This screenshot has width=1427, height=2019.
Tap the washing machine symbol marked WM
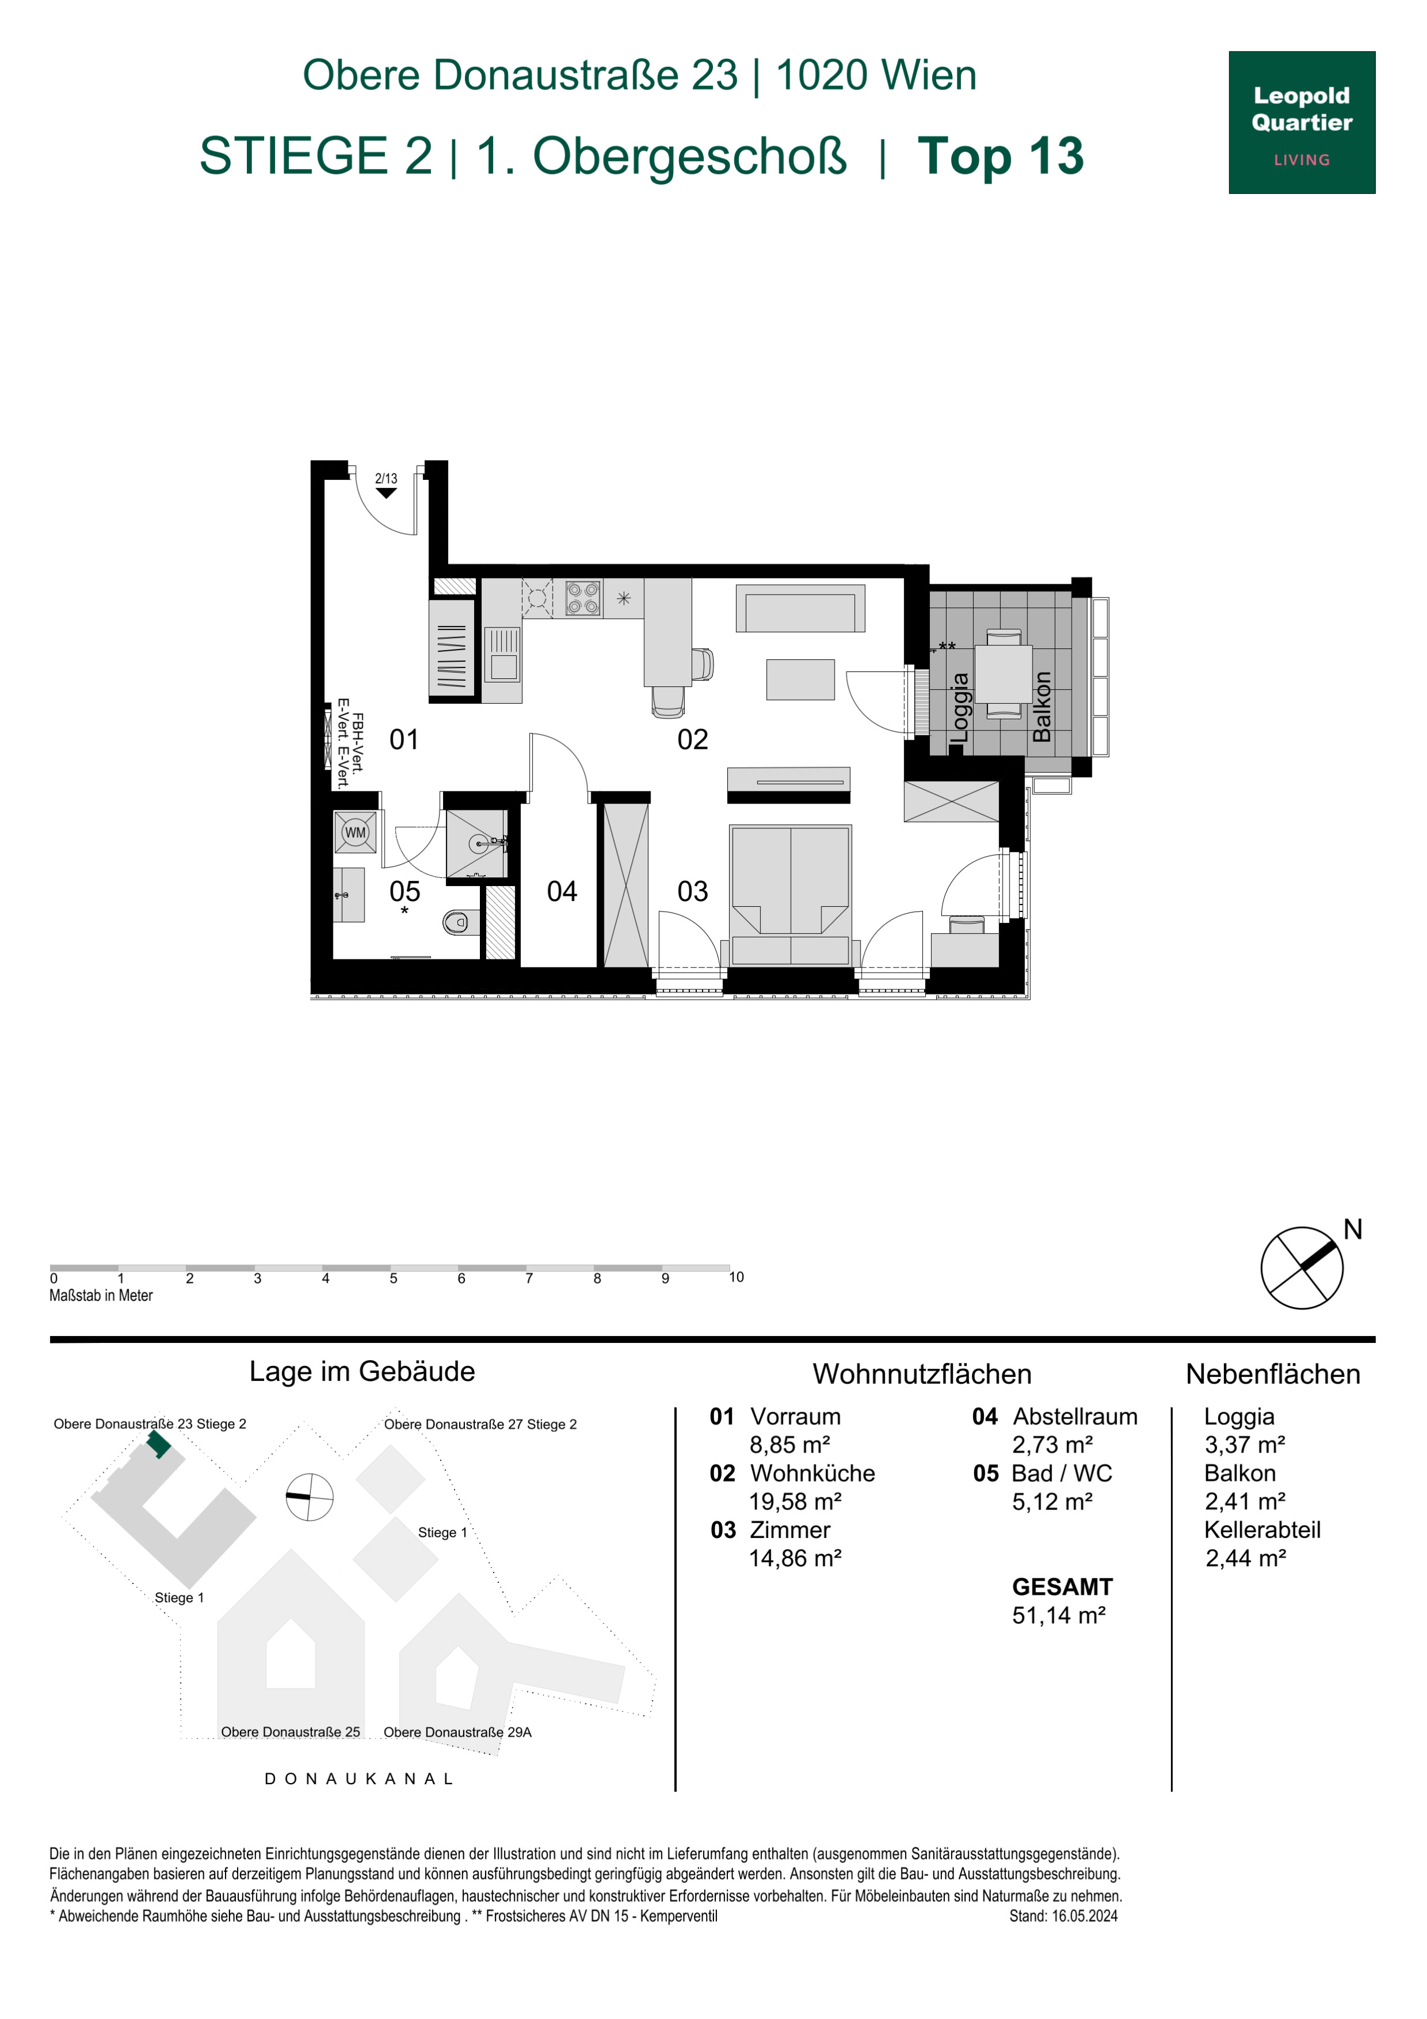coord(355,832)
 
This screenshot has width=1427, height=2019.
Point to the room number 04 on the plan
coord(562,892)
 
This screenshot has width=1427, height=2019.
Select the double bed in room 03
coord(790,894)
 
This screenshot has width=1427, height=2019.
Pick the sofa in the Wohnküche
coord(800,607)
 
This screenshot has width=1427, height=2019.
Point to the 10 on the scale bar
coord(736,1277)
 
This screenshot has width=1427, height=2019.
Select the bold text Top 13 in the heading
coord(1001,156)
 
